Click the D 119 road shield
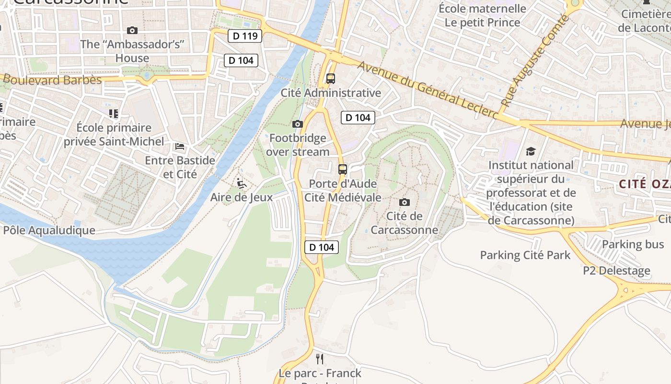pos(244,36)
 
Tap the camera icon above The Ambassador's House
pos(132,30)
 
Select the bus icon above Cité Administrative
pos(330,78)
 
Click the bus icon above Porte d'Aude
pos(343,169)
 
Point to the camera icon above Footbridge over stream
pos(297,124)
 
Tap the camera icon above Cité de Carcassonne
pos(405,202)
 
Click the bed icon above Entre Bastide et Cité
pos(180,146)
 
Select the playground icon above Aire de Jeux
pos(242,183)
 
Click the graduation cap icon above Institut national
pos(531,151)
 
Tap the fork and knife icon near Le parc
pos(320,359)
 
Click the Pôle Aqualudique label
pos(49,230)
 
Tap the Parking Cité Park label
pos(525,255)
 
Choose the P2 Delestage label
pos(616,271)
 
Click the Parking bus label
pos(633,244)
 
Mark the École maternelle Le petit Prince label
pos(482,15)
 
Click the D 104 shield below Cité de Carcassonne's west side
pos(322,247)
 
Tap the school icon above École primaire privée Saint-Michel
pos(114,113)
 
